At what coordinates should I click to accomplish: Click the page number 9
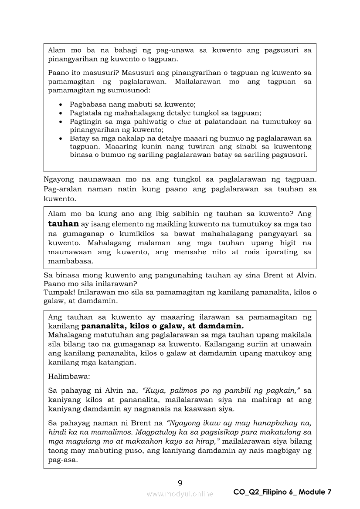[x=180, y=482]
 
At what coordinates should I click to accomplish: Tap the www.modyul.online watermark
[x=180, y=494]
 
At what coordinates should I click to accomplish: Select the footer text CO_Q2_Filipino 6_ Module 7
[x=282, y=492]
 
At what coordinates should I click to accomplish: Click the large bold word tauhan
[x=63, y=224]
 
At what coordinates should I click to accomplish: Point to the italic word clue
[x=185, y=121]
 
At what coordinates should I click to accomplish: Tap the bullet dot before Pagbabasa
[x=61, y=105]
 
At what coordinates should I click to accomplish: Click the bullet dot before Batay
[x=61, y=138]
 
